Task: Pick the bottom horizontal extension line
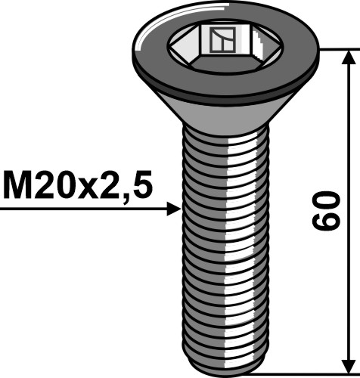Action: [303, 373]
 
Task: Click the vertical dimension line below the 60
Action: [349, 302]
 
